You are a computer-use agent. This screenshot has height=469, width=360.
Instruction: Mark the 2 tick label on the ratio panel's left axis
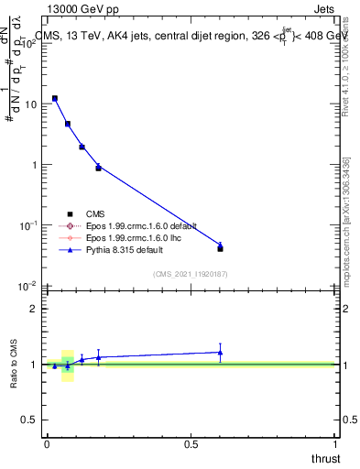[x=34, y=309]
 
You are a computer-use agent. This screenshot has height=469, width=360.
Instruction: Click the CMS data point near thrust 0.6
[x=220, y=248]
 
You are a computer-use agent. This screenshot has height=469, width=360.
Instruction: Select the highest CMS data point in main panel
[x=55, y=98]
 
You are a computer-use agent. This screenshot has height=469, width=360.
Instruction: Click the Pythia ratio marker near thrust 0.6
[x=220, y=352]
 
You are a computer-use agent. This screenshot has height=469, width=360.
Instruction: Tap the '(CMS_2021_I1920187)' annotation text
[x=190, y=273]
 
